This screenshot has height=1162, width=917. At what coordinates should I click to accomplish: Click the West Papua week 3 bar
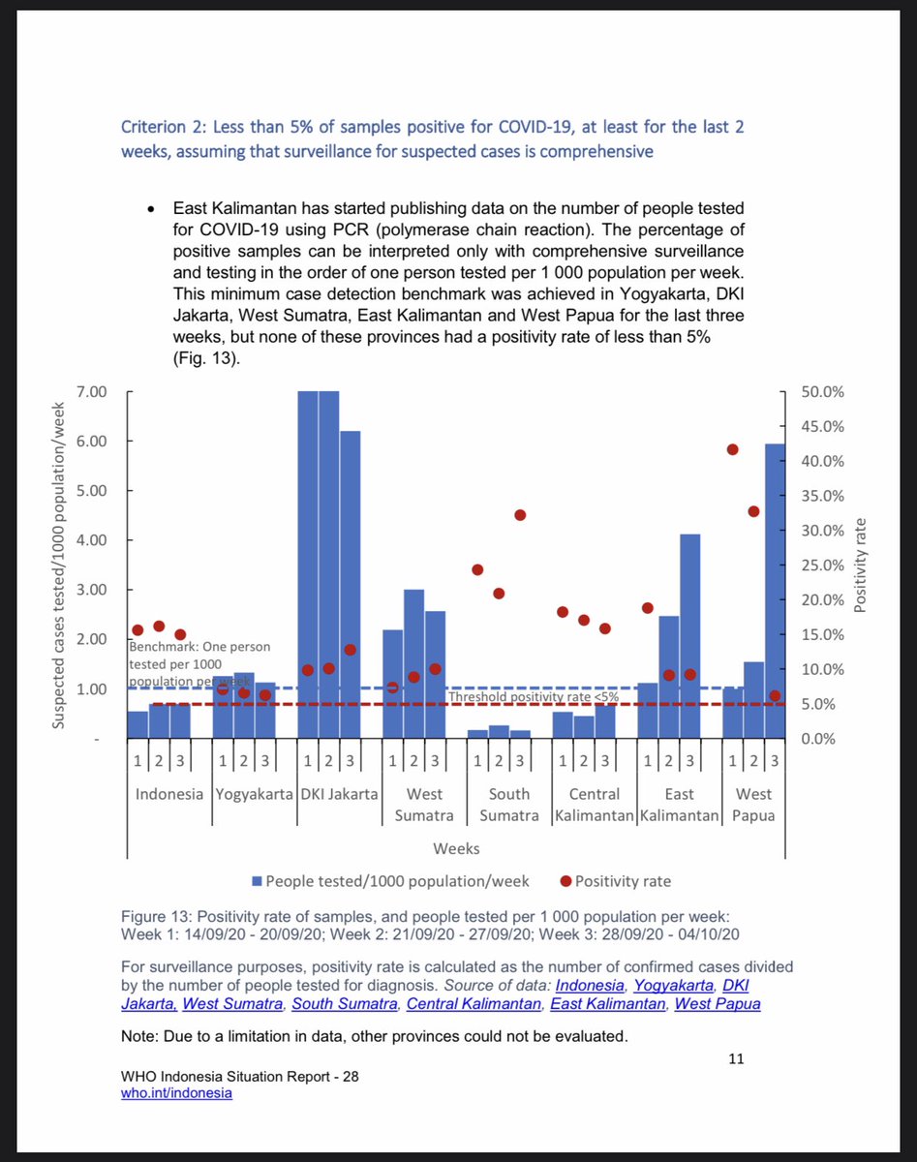point(776,591)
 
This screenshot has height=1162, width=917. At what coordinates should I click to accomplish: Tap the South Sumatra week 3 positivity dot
point(520,515)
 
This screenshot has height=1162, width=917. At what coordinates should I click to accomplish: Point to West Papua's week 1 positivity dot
point(733,449)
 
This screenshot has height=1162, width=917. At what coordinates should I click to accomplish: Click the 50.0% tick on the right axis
point(824,391)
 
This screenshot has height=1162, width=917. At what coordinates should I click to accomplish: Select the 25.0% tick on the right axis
point(824,566)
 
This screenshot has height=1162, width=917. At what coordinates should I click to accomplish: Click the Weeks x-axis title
point(455,848)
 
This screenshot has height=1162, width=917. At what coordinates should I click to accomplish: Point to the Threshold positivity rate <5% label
point(534,696)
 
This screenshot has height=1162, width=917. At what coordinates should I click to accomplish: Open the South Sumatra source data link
point(344,1003)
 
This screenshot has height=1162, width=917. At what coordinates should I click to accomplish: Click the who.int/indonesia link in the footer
point(177,1092)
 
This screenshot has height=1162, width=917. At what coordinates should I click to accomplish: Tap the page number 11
point(735,1059)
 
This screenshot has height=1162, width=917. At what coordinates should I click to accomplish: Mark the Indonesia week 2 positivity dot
point(159,627)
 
